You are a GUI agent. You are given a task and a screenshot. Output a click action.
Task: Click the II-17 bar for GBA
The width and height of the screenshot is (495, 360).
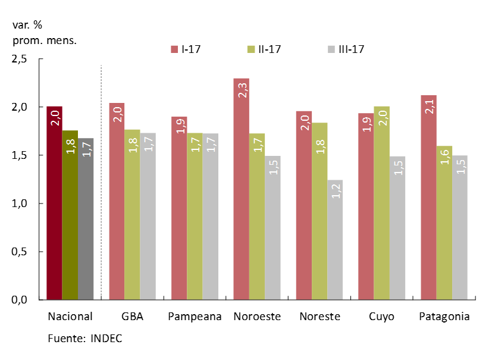click(132, 215)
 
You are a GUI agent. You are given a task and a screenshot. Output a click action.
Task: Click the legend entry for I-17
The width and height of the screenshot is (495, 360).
click(186, 49)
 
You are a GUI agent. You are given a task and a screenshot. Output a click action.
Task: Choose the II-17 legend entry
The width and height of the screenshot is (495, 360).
click(265, 49)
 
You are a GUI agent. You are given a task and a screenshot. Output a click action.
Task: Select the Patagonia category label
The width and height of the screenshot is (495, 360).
click(444, 317)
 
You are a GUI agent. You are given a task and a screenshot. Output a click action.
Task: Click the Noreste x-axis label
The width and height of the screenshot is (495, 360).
click(319, 317)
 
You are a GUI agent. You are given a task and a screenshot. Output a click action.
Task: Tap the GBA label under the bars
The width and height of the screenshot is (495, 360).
click(132, 317)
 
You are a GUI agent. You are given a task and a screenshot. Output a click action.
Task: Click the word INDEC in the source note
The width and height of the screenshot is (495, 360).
click(107, 339)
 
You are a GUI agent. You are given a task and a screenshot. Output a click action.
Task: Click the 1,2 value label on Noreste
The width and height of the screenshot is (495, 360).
click(334, 192)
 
